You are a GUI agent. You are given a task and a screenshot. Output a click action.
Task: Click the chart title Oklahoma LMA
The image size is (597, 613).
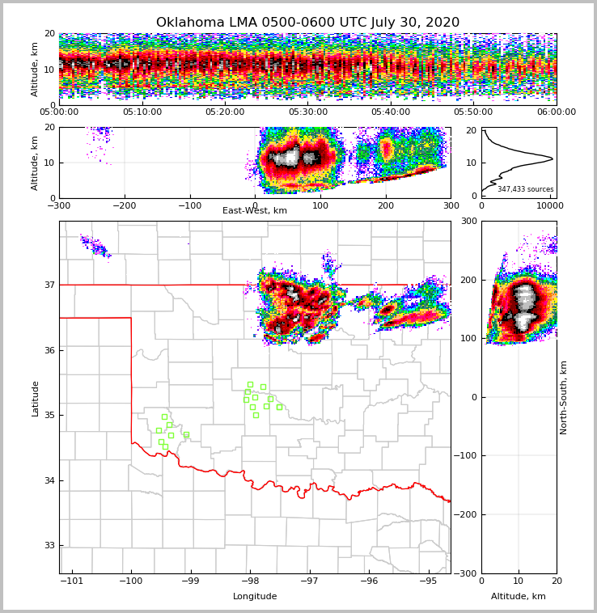(x=307, y=23)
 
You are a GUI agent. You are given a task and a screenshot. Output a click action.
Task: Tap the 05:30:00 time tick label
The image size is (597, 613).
(x=307, y=112)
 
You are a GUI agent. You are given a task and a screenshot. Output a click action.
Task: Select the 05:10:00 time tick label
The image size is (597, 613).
(x=142, y=112)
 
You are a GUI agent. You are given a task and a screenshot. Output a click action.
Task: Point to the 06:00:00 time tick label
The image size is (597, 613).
(x=556, y=112)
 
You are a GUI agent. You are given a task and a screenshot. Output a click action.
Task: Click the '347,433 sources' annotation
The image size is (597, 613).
(x=525, y=189)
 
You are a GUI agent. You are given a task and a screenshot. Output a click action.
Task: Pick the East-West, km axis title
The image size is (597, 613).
(x=255, y=211)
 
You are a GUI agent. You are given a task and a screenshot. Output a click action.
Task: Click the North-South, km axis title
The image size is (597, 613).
(x=564, y=397)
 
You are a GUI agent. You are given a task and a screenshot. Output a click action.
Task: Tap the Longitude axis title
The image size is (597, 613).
(x=255, y=597)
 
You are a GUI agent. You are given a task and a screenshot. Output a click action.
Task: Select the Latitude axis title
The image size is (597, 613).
(x=35, y=398)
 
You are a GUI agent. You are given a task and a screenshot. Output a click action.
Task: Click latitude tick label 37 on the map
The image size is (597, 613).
(x=49, y=285)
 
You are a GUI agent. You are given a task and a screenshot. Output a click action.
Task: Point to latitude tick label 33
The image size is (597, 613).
(x=49, y=546)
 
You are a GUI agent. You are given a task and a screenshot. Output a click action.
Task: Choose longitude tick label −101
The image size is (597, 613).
(x=72, y=581)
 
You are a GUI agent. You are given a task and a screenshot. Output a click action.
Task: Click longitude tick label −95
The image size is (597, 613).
(x=428, y=581)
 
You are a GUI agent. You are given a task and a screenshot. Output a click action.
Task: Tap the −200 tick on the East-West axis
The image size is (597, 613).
(x=125, y=205)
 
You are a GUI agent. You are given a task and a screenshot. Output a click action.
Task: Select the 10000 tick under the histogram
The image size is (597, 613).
(x=550, y=205)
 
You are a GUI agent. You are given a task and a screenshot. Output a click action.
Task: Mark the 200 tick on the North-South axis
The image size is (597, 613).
(x=469, y=280)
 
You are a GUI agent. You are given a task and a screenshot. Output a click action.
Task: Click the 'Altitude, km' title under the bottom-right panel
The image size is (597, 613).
(x=519, y=597)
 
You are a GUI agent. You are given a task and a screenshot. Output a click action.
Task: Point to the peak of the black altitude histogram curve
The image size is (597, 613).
(x=553, y=159)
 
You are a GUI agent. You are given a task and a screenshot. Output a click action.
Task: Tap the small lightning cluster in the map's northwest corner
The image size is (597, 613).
(x=94, y=245)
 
